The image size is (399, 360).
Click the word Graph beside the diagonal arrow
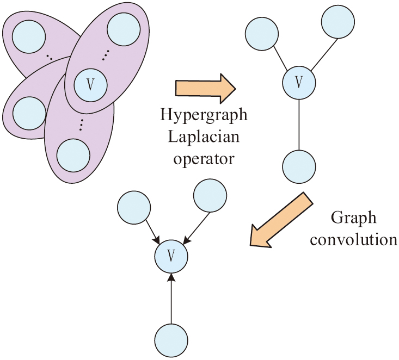pyautogui.click(x=354, y=218)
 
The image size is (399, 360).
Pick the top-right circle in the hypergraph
pyautogui.click(x=123, y=28)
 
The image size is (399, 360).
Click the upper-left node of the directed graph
pyautogui.click(x=133, y=204)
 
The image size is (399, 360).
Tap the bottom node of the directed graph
pyautogui.click(x=171, y=339)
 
